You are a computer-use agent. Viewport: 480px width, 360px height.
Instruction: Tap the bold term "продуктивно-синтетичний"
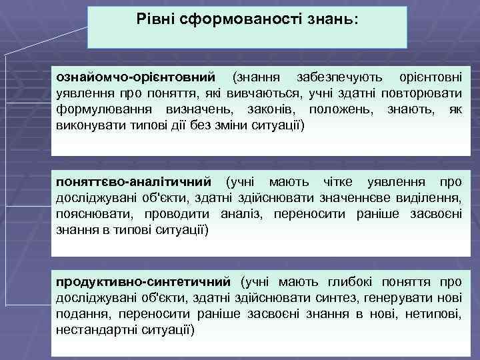143,282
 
